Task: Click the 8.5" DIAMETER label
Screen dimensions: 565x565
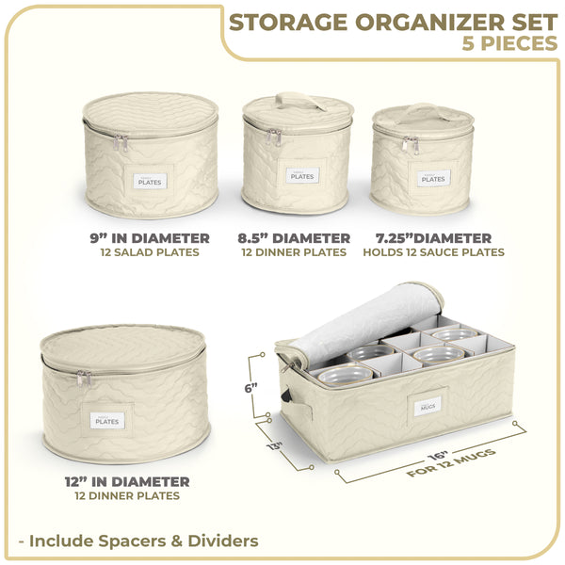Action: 295,238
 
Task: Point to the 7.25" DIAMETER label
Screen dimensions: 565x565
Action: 432,238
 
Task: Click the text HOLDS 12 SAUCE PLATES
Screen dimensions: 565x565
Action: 432,252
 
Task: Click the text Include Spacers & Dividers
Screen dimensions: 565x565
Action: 143,541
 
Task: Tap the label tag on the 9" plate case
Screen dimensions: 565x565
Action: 149,180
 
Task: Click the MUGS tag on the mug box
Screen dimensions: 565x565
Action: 426,406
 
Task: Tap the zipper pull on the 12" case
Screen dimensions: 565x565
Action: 84,379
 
